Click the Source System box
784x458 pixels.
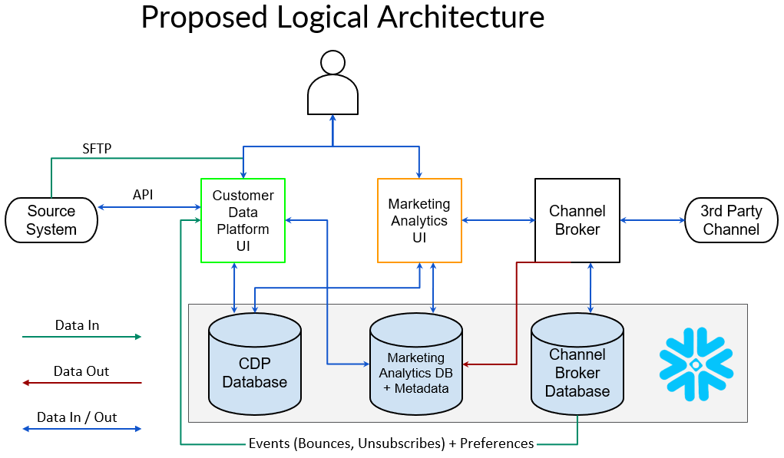[x=51, y=220]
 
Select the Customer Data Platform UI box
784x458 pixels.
[x=243, y=220]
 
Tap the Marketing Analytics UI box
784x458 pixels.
[x=419, y=221]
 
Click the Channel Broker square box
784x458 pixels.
[x=577, y=220]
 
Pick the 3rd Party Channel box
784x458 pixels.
[x=731, y=220]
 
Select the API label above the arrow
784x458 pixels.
[x=143, y=195]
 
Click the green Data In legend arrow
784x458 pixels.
[x=81, y=337]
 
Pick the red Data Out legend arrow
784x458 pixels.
[x=81, y=382]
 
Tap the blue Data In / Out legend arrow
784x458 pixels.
[x=81, y=429]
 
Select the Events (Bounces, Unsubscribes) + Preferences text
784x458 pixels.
[x=391, y=443]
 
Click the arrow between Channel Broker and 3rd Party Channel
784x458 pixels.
[x=652, y=220]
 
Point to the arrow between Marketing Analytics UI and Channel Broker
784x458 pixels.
[x=498, y=220]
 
